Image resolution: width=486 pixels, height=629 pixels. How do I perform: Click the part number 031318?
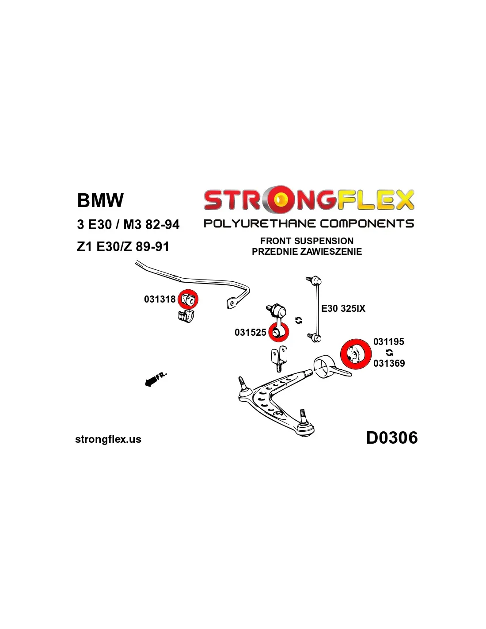159,299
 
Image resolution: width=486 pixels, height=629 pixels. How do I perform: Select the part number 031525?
250,333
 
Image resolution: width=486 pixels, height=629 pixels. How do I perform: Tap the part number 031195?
388,341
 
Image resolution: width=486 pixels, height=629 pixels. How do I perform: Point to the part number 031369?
389,364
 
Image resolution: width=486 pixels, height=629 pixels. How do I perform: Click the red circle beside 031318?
188,299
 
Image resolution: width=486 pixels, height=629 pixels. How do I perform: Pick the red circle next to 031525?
278,332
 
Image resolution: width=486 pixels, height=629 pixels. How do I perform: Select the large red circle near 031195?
355,354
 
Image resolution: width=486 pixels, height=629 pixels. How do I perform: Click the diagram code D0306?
391,438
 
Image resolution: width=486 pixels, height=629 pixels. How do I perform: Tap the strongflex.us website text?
108,439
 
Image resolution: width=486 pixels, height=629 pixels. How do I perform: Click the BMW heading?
100,200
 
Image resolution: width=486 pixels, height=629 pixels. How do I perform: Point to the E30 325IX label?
343,309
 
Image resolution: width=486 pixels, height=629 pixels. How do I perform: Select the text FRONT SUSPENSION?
307,241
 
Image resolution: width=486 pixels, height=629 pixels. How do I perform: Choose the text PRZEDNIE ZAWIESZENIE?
307,252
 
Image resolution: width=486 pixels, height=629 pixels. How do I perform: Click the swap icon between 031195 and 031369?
389,353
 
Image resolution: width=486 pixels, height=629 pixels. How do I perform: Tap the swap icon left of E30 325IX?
299,320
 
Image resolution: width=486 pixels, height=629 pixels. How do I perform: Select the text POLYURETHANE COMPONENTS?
308,223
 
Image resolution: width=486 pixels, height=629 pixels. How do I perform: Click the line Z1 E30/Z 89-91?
123,247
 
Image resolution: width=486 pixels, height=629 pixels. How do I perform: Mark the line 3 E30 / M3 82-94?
128,225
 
